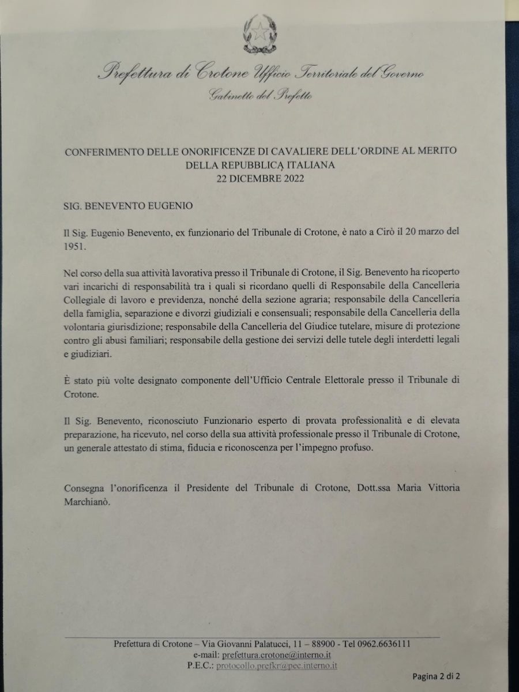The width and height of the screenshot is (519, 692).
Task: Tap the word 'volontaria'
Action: (85, 328)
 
